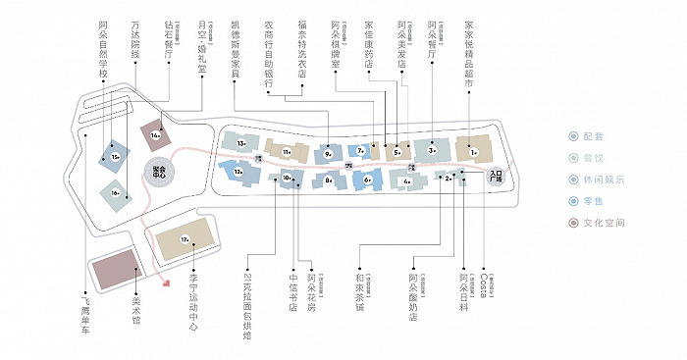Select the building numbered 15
click(115, 156)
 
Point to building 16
click(116, 193)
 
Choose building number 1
click(472, 151)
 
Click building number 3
click(431, 150)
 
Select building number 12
click(238, 172)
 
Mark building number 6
click(367, 180)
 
